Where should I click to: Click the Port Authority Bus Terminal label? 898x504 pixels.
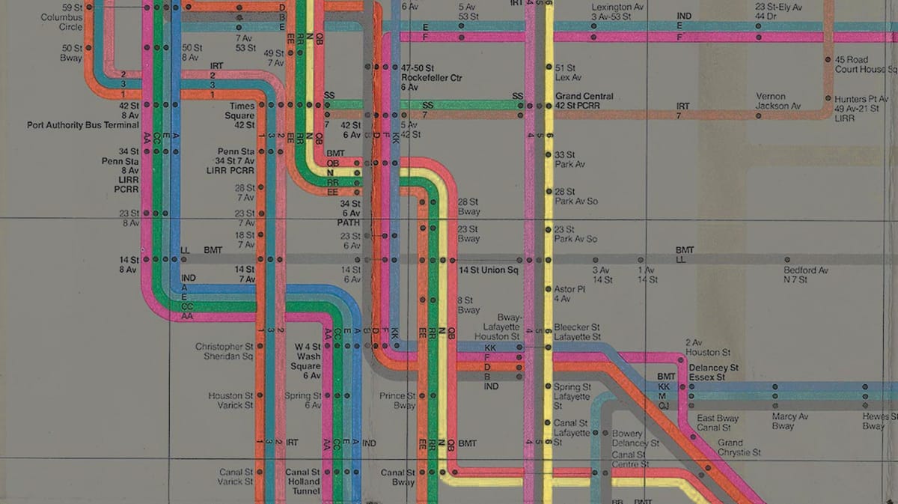(x=82, y=125)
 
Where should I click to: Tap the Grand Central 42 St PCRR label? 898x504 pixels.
(x=584, y=101)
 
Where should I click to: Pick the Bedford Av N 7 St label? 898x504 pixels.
(x=806, y=275)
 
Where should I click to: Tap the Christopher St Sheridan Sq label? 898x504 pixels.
(x=224, y=351)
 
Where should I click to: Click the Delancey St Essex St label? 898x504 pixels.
(x=712, y=372)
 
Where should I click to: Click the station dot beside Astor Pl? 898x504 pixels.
(x=549, y=288)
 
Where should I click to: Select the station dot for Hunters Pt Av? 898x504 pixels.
(x=828, y=98)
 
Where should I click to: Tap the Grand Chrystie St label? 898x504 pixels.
(x=739, y=448)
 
